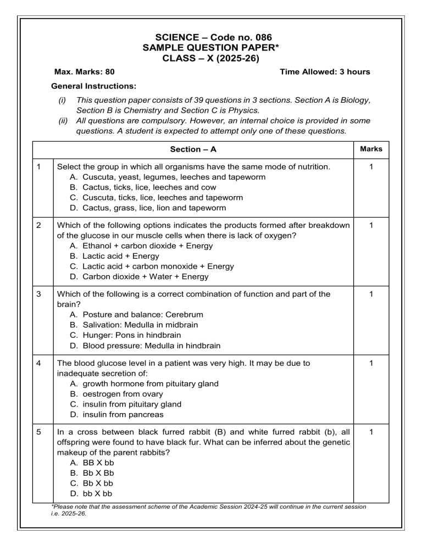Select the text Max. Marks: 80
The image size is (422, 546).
click(85, 71)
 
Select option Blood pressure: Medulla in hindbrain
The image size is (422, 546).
click(152, 346)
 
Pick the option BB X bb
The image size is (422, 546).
click(98, 463)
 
